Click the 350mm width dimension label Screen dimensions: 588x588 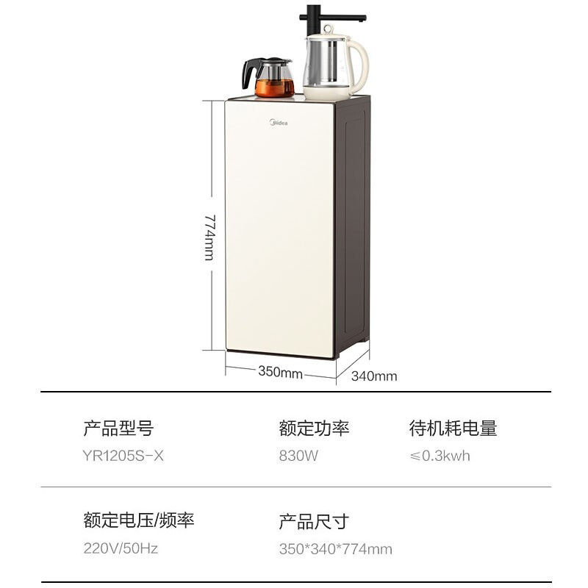(x=280, y=373)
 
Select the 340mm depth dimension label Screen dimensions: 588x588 (x=374, y=376)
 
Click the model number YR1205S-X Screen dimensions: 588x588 (x=124, y=456)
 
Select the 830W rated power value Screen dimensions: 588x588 (x=298, y=456)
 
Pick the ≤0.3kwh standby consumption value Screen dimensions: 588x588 (x=440, y=456)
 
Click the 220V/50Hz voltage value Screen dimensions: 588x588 (x=121, y=548)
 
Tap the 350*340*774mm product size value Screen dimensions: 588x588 (x=335, y=548)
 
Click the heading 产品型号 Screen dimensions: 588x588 (x=118, y=428)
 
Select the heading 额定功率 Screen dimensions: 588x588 (x=314, y=428)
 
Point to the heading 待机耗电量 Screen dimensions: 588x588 (x=453, y=428)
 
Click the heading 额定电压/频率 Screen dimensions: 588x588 (x=139, y=520)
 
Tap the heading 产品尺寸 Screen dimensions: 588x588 (x=314, y=522)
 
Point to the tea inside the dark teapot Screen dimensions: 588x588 (x=273, y=88)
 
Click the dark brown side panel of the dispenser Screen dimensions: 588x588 (x=351, y=228)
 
